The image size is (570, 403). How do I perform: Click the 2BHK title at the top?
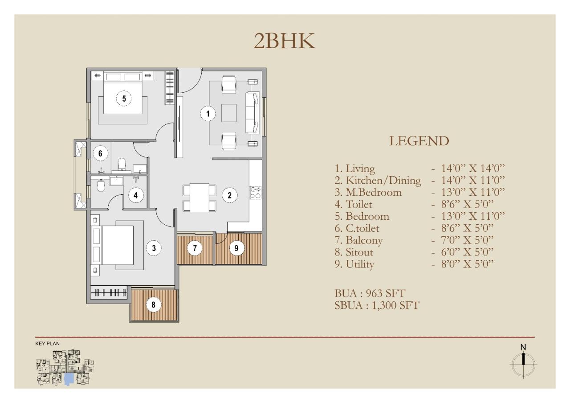[285, 41]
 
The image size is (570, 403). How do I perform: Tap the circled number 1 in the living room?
[208, 114]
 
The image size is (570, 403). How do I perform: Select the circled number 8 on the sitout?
[153, 304]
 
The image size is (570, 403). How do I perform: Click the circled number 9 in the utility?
[236, 248]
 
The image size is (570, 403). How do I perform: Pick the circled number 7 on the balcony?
[195, 248]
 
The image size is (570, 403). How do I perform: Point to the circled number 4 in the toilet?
[135, 195]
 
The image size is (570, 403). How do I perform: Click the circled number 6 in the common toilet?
[100, 153]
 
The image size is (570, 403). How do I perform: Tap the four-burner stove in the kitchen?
[255, 192]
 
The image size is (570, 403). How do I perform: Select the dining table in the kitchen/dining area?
[199, 198]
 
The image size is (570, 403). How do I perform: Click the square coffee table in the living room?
[229, 113]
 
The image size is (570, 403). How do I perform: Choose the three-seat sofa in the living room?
[252, 113]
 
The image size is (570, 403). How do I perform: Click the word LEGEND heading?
[419, 141]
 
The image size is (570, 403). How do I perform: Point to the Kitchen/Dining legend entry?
[378, 181]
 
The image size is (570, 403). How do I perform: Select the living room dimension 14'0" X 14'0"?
[473, 169]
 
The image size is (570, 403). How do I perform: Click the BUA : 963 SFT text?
[370, 293]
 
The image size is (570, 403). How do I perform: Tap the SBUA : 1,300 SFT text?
[377, 305]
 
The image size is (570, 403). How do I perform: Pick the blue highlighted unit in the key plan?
[69, 379]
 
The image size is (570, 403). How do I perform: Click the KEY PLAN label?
[47, 343]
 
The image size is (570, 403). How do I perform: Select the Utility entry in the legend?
[354, 264]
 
